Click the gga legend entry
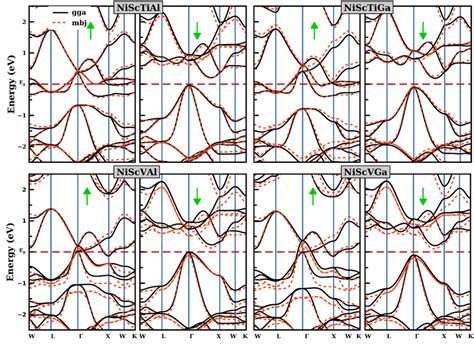point(64,11)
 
